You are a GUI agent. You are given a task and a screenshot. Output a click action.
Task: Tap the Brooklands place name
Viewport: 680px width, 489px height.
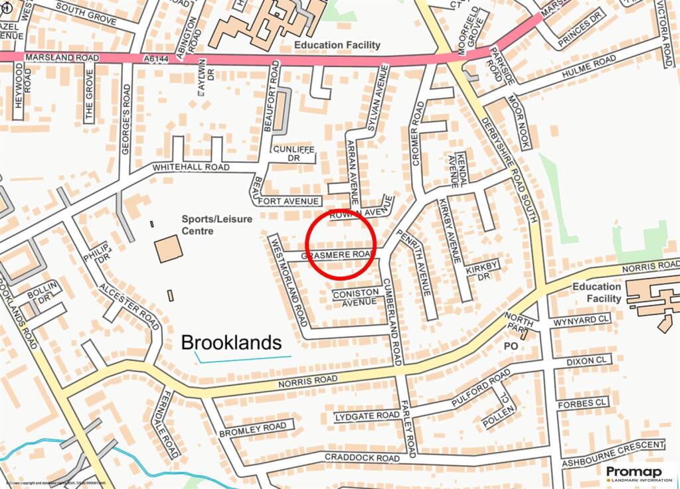coord(232,342)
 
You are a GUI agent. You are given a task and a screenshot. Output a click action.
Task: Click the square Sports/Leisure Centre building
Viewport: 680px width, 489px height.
coord(168,248)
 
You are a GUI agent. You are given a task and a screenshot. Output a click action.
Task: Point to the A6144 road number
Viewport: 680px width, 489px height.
coord(156,59)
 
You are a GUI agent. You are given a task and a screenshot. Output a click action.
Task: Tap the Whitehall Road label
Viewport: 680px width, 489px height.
coord(191,167)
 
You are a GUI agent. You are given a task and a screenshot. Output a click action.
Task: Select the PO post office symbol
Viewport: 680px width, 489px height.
coord(511,346)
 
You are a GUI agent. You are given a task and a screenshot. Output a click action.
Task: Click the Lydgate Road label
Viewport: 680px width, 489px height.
coord(367,415)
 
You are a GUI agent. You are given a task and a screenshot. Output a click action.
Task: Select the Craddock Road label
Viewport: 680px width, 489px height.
coord(362,458)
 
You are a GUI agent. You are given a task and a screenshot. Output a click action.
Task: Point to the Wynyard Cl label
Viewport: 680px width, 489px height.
coord(580,321)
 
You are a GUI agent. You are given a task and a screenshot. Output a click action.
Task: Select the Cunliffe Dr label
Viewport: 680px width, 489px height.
coord(292,154)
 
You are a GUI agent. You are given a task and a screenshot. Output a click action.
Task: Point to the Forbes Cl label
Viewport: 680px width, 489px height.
coord(583,402)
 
